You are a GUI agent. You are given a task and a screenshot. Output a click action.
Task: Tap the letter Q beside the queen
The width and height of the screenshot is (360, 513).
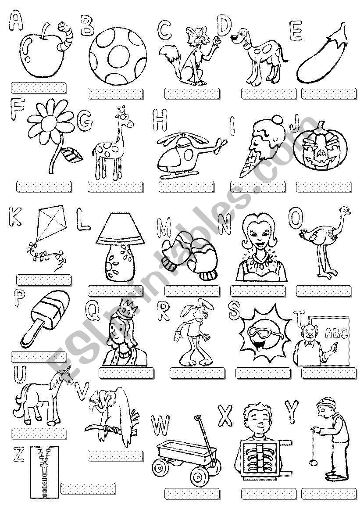tap(92, 311)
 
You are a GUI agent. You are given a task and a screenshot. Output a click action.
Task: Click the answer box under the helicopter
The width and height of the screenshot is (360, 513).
tap(186, 187)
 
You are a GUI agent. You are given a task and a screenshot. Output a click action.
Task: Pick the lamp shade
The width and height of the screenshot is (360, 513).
tap(120, 229)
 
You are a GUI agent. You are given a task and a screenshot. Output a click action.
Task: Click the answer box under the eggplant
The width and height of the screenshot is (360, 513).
tap(329, 93)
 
